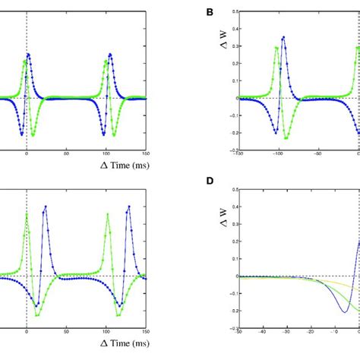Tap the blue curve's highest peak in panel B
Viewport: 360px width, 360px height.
pyautogui.click(x=283, y=36)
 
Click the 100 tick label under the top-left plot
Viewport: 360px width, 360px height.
pyautogui.click(x=107, y=152)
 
